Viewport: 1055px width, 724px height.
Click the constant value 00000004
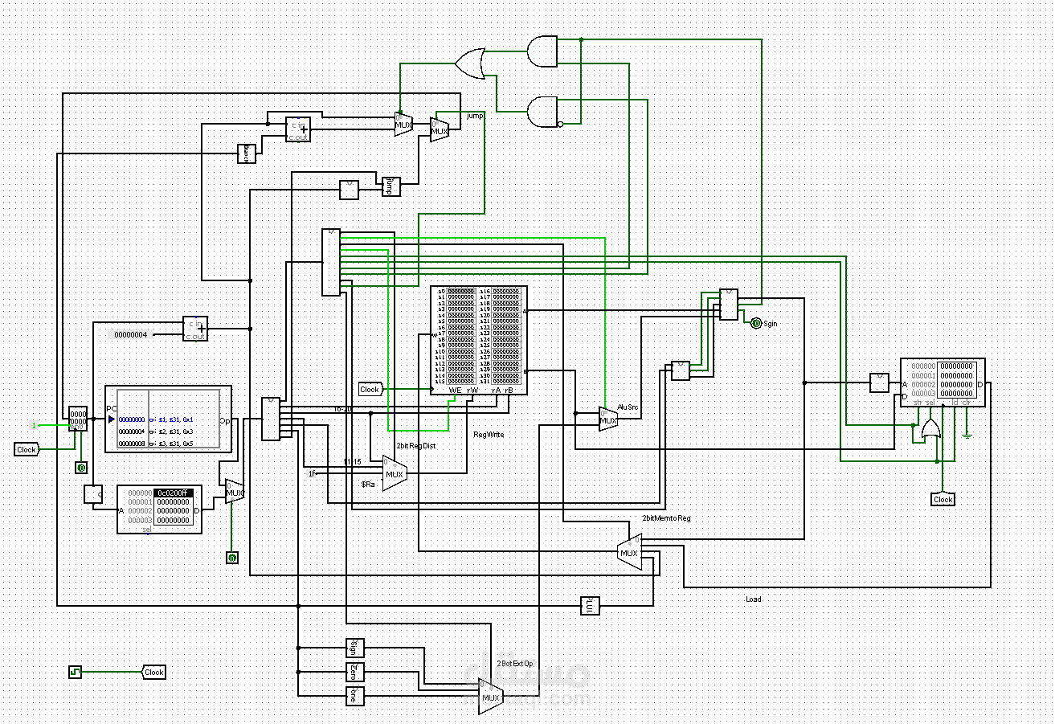[x=131, y=334]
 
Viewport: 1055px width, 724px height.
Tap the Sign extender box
[x=355, y=648]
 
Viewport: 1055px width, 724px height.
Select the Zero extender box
[x=355, y=672]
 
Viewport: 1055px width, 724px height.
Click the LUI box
[x=591, y=605]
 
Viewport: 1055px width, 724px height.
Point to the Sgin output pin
[x=755, y=323]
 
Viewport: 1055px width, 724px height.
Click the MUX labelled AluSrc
[x=608, y=419]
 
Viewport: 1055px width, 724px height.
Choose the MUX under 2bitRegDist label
[x=394, y=474]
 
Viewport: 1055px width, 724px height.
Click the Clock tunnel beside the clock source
[x=153, y=672]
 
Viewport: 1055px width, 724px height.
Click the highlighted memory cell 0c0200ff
[x=172, y=493]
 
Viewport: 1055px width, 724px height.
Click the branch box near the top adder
[x=246, y=153]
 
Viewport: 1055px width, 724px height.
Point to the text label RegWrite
[x=489, y=434]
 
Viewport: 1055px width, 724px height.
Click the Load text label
[x=753, y=599]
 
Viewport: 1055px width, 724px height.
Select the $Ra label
[x=368, y=485]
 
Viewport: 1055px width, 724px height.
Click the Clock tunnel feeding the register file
[x=370, y=389]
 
